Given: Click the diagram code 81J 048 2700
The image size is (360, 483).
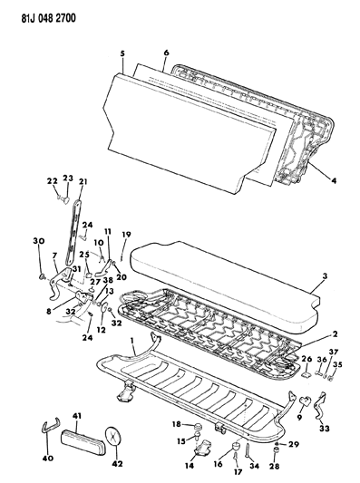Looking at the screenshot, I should tap(44, 14).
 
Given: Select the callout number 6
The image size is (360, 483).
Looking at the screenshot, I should tap(166, 53).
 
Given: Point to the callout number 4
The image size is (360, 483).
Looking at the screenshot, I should tap(333, 180).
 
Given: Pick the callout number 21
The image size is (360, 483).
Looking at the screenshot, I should tap(83, 182).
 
